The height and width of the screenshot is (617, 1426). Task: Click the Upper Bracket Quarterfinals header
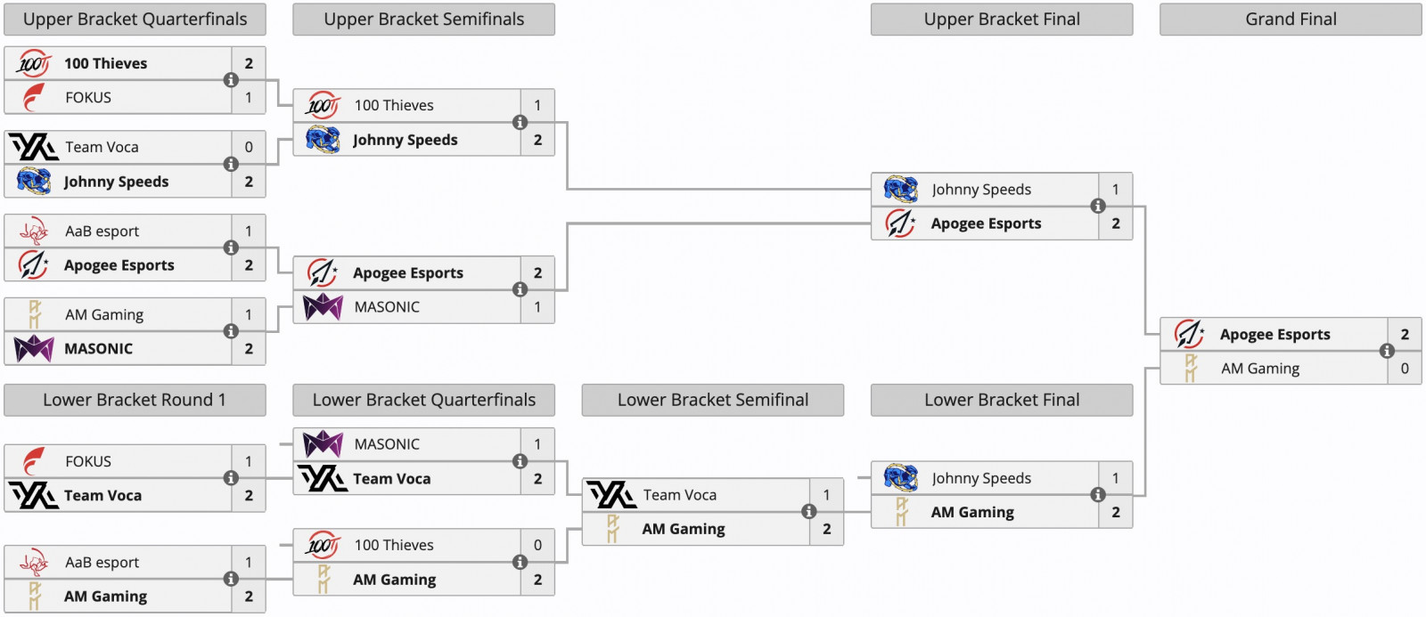coord(135,20)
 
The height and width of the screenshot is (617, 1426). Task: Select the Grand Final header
coord(1291,20)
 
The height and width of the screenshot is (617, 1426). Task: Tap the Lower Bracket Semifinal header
coord(713,400)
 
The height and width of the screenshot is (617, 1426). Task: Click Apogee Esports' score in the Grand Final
coord(1405,334)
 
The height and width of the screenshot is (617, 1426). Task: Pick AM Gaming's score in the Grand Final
coord(1405,368)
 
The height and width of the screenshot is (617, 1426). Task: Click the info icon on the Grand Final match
coord(1387,351)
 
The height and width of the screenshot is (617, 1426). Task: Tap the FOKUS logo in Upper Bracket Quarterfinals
coord(34,97)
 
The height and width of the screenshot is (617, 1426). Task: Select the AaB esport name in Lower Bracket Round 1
coord(102,562)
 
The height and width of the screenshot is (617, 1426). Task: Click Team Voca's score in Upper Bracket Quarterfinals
coord(249,147)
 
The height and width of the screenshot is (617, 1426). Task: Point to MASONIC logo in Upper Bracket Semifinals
coord(323,307)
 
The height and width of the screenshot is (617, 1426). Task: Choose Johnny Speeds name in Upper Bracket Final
coord(981,189)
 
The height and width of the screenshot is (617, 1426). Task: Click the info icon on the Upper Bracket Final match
coord(1098,206)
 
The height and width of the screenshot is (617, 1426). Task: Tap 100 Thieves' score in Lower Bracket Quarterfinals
coord(537,545)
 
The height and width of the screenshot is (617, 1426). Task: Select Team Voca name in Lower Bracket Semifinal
coord(679,495)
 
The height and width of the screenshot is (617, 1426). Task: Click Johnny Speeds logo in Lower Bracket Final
coord(900,478)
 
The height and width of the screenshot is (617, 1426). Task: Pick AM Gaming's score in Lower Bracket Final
coord(1116,512)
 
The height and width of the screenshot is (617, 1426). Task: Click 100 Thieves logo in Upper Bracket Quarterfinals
coord(34,63)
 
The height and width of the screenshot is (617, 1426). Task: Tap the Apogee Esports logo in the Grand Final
coord(1189,334)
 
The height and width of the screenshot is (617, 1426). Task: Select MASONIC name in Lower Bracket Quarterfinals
coord(387,443)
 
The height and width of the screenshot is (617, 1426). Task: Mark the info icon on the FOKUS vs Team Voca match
coord(231,478)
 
